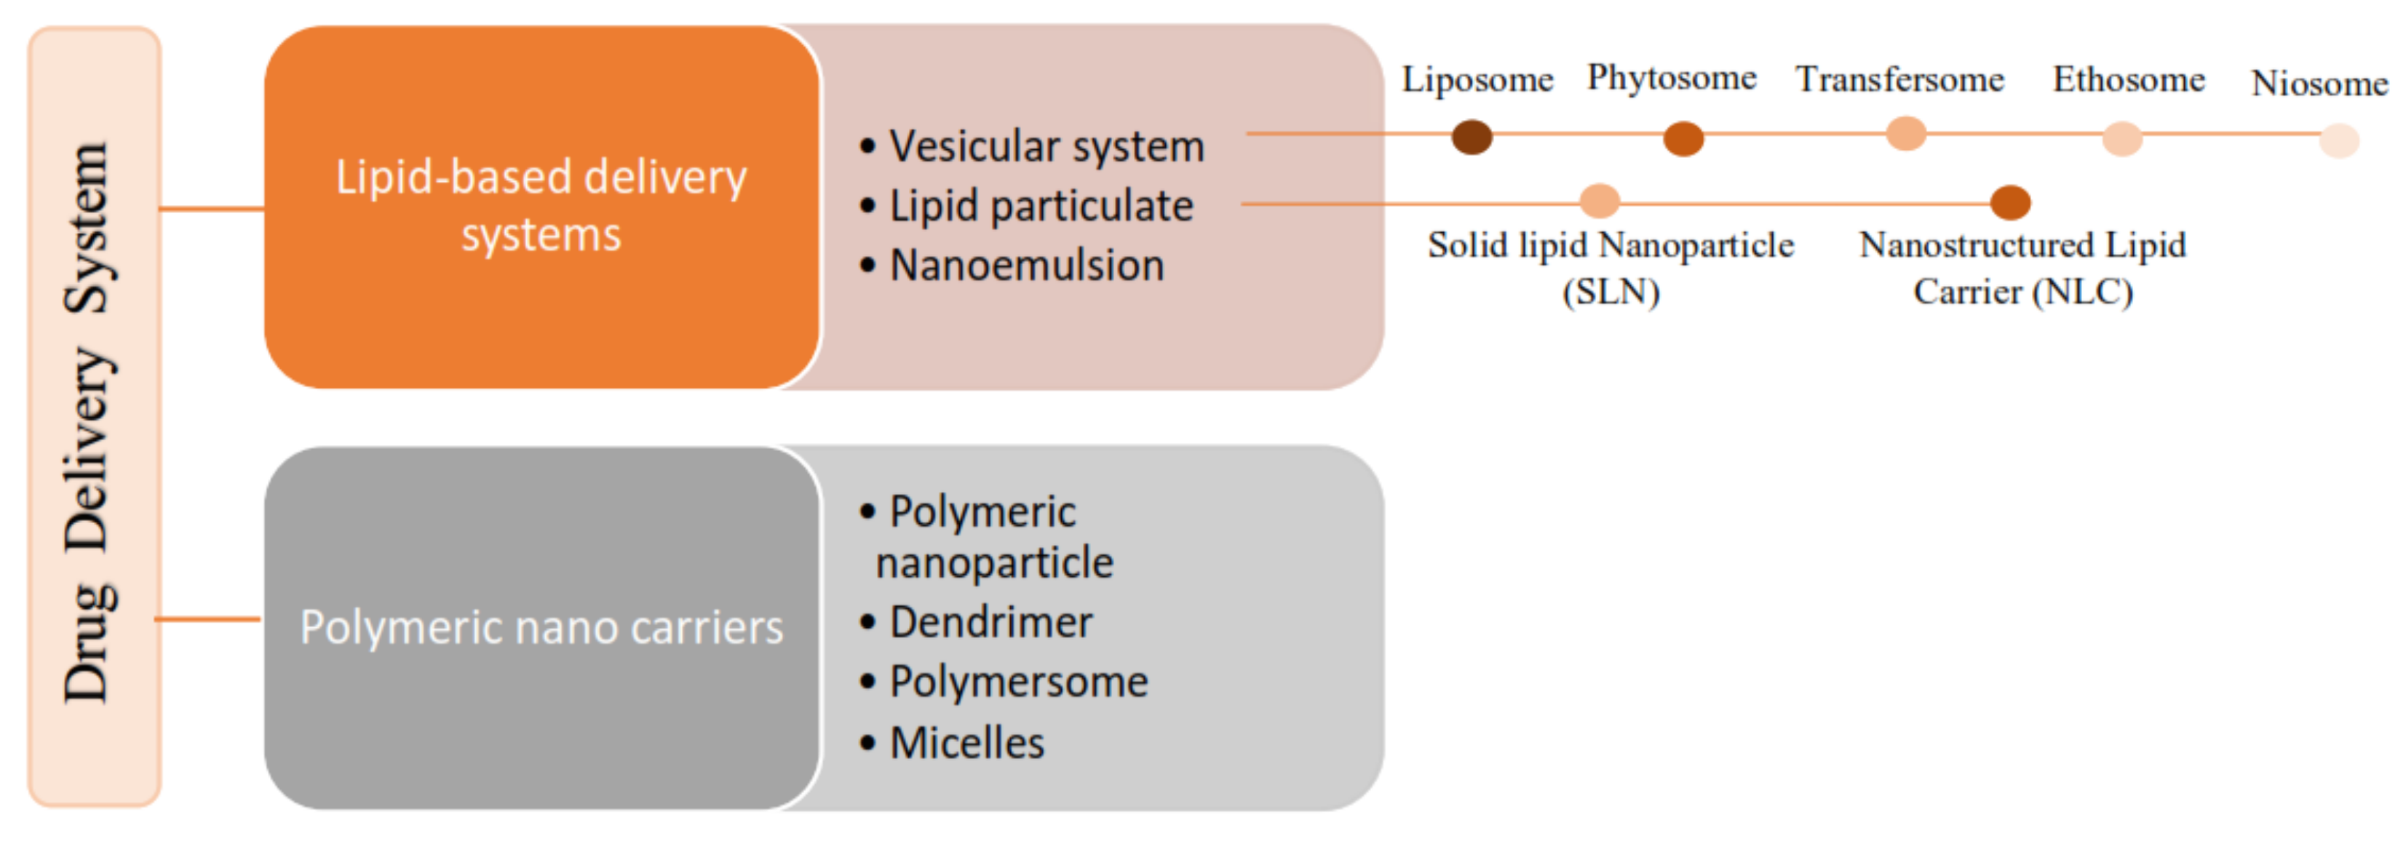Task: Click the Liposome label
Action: tap(1477, 80)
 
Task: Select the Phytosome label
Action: tap(1671, 79)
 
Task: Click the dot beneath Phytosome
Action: tap(1683, 139)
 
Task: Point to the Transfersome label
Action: tap(1899, 79)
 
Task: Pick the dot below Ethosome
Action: tap(2121, 138)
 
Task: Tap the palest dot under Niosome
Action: tap(2339, 141)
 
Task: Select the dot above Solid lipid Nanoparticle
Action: tap(1599, 200)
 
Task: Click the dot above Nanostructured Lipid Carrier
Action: tap(2010, 202)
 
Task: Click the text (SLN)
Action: tap(1611, 292)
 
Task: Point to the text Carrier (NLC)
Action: tap(2022, 292)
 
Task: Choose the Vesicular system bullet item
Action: tap(1045, 146)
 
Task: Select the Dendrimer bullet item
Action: tap(990, 623)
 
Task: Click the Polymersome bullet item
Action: tap(1017, 682)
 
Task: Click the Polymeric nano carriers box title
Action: tap(541, 627)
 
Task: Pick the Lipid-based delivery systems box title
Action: tap(541, 205)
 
